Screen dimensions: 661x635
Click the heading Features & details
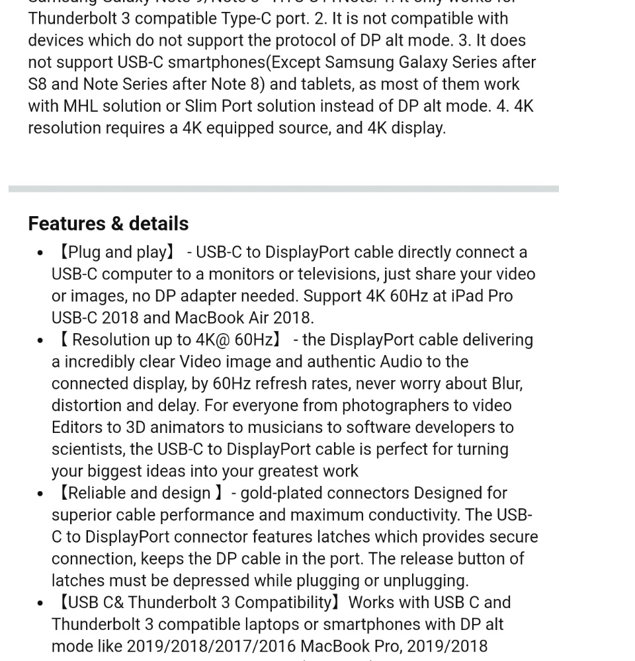pos(108,223)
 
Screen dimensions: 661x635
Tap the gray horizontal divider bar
pos(283,189)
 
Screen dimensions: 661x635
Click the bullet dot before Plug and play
pos(40,253)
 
